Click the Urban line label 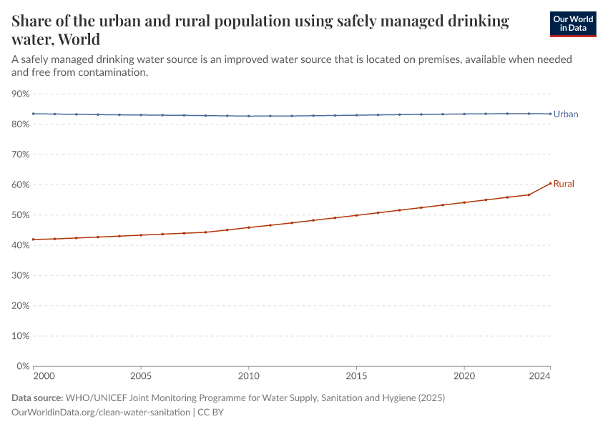[566, 114]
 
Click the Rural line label [564, 184]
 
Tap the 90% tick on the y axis [21, 94]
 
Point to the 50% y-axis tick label [21, 215]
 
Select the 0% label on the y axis [23, 366]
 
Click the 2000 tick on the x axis [43, 375]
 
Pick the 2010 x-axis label [248, 375]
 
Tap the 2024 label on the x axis [539, 375]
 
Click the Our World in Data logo [572, 24]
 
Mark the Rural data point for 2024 [550, 183]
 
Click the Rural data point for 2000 [34, 240]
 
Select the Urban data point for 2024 [550, 114]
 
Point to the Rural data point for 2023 [529, 194]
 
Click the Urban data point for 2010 [249, 116]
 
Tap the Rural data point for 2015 [356, 215]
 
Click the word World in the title [79, 39]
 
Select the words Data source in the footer [36, 398]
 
